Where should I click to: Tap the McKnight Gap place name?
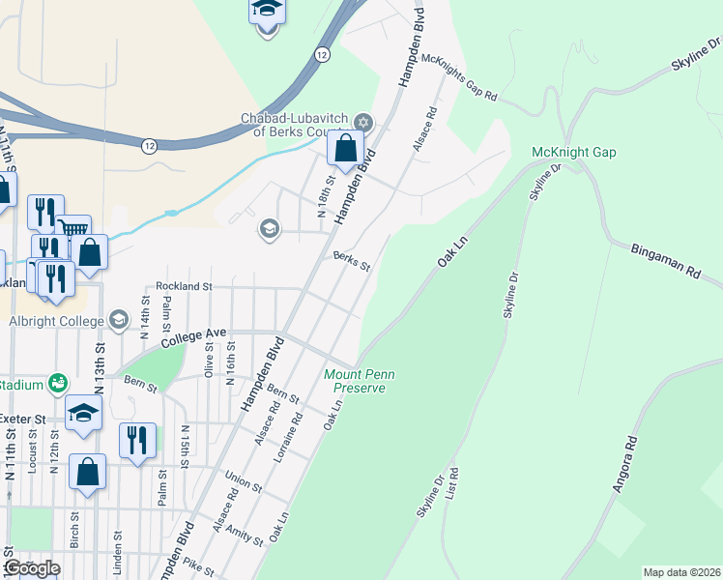[573, 153]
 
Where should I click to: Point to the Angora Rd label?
[626, 465]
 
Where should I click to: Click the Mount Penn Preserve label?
[355, 381]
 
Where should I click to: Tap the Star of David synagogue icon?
[363, 122]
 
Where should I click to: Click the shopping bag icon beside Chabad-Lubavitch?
[345, 150]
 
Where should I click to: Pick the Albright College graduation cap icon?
[119, 320]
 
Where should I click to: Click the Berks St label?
[352, 261]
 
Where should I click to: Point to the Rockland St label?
[184, 287]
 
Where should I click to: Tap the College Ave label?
[193, 338]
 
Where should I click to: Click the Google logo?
[32, 568]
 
